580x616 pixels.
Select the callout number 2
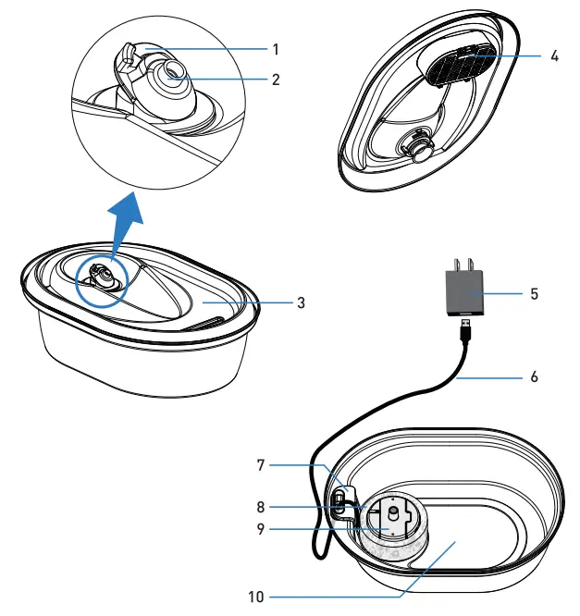276,79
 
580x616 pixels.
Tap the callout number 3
301,302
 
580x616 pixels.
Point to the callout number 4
554,56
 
